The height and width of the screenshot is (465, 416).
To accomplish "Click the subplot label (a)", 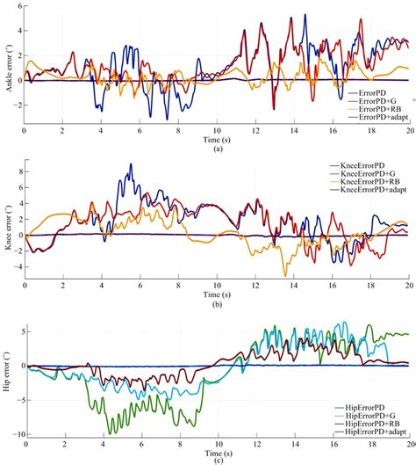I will [x=216, y=149].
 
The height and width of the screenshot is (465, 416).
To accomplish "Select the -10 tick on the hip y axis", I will [x=15, y=432].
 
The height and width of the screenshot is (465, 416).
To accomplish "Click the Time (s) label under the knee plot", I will [x=216, y=294].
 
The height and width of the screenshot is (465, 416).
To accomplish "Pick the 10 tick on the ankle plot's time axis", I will [x=217, y=131].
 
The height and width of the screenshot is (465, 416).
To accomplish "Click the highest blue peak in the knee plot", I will [x=131, y=163].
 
